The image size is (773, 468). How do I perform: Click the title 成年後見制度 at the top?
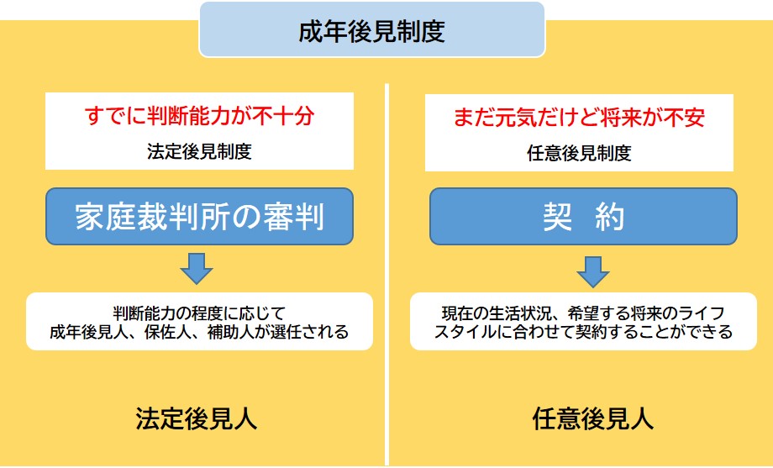coord(371,31)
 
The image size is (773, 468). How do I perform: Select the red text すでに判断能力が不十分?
coord(199,116)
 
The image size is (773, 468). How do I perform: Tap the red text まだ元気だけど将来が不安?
coord(579,118)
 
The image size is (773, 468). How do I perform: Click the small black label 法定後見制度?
coord(199,151)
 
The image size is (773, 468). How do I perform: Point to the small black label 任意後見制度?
coord(579,153)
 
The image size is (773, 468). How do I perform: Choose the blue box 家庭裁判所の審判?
coord(200,217)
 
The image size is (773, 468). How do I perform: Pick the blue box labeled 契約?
coord(583,217)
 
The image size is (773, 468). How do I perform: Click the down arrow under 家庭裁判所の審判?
coord(197,269)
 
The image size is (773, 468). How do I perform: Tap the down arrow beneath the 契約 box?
coord(593,271)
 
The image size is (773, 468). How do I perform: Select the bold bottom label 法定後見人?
coord(197,419)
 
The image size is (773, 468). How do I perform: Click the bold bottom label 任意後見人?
coord(593,419)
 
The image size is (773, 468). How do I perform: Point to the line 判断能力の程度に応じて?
coord(199,313)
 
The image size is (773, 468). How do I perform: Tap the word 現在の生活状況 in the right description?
coord(496,313)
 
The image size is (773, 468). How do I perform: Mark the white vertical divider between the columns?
coord(387,275)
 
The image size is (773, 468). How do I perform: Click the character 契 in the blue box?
coord(558,217)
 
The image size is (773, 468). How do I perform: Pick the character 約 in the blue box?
coord(610,217)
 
